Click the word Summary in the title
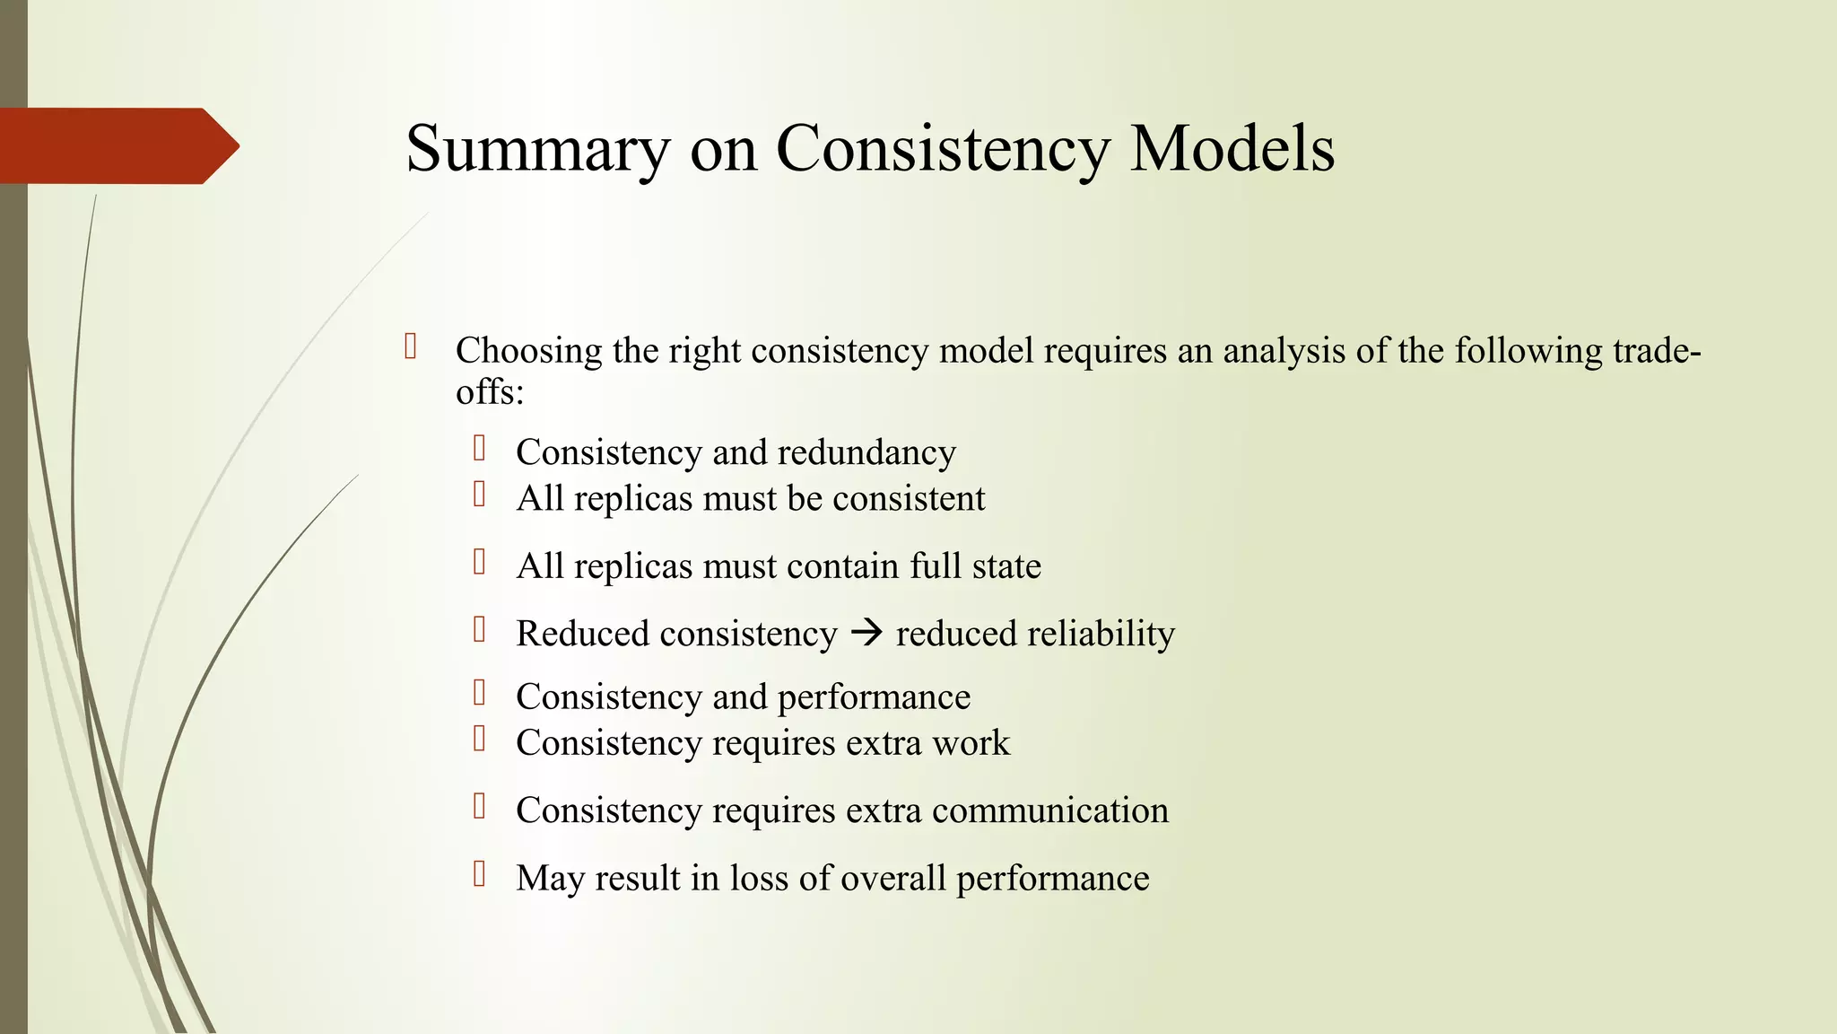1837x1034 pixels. pyautogui.click(x=537, y=149)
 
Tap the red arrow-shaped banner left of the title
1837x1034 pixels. pyautogui.click(x=117, y=145)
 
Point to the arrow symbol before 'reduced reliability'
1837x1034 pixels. pyautogui.click(x=866, y=634)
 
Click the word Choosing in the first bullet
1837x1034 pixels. pyautogui.click(x=528, y=351)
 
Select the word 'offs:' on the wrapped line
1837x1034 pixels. pyautogui.click(x=489, y=392)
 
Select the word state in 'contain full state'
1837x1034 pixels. pyautogui.click(x=1007, y=566)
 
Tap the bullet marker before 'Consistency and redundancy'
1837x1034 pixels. pyautogui.click(x=480, y=448)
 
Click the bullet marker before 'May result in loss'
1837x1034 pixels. pyautogui.click(x=480, y=874)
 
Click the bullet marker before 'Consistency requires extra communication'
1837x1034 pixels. pyautogui.click(x=480, y=806)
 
